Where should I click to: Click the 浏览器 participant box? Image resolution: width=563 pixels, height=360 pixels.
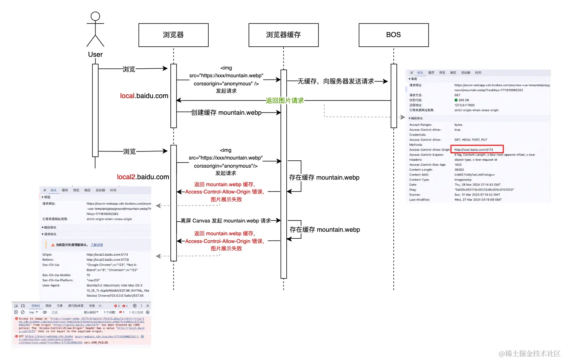[173, 35]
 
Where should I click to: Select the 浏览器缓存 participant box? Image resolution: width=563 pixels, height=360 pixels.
[283, 35]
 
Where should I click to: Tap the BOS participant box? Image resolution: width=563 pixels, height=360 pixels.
[393, 35]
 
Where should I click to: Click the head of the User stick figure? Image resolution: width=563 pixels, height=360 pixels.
[95, 16]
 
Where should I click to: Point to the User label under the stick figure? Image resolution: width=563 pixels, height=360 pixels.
[95, 54]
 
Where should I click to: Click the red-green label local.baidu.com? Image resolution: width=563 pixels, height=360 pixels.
[144, 96]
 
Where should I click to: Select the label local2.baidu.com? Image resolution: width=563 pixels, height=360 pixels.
[143, 177]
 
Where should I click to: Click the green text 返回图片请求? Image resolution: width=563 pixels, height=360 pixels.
[285, 100]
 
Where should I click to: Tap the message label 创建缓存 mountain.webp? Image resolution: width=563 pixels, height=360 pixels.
[226, 112]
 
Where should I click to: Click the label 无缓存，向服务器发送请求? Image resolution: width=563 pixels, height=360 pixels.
[335, 81]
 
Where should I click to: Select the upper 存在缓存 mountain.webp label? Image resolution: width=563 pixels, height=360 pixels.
[324, 177]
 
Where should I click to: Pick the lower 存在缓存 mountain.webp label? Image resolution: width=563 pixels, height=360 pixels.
[325, 229]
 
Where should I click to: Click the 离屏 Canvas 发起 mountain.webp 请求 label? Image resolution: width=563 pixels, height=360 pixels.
[226, 221]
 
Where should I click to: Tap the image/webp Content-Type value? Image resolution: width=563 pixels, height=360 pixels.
[463, 180]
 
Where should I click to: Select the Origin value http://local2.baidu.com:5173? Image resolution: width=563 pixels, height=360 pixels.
[107, 255]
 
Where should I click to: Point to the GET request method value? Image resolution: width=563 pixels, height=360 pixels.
[458, 95]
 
